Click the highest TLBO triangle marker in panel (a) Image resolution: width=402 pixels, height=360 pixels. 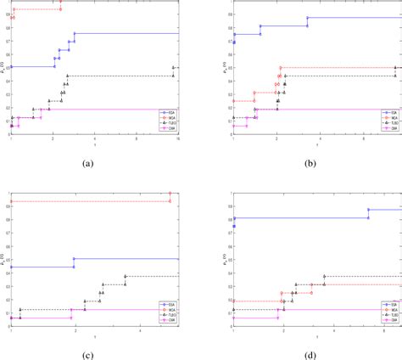pyautogui.click(x=173, y=67)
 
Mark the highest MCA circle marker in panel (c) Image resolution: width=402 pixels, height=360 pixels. pyautogui.click(x=170, y=194)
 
